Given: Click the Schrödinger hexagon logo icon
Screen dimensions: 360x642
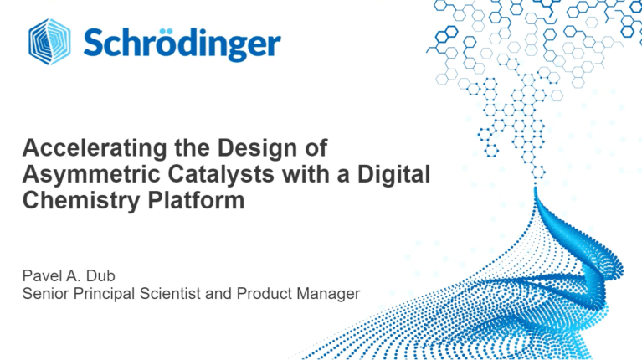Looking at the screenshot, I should click(49, 42).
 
